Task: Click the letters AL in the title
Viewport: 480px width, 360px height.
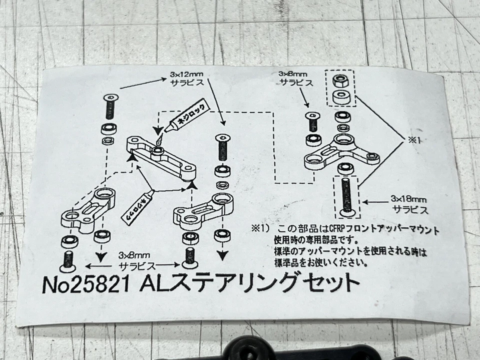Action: click(153, 284)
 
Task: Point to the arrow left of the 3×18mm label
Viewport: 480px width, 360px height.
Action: click(374, 202)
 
